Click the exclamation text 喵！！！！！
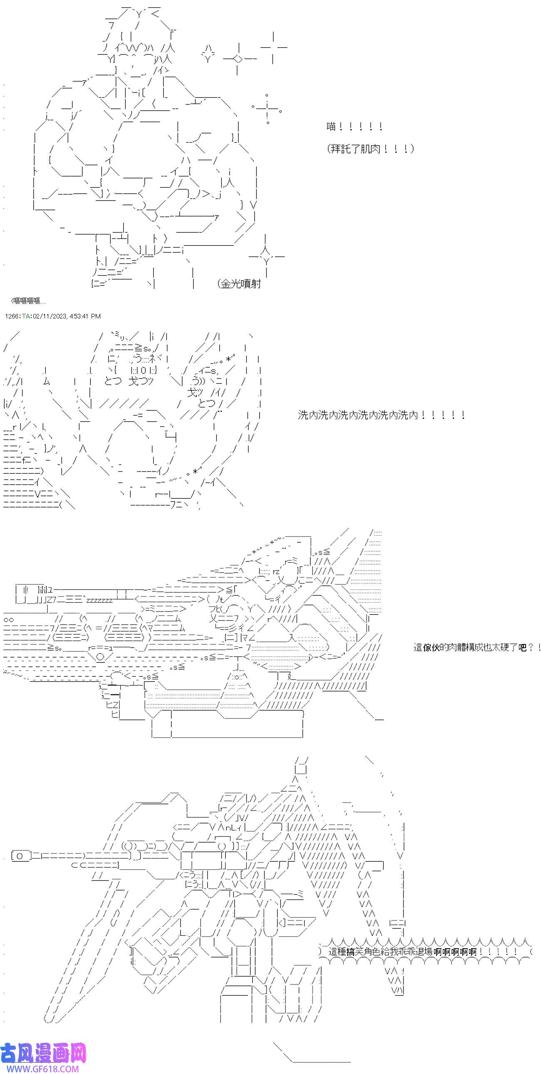(x=354, y=126)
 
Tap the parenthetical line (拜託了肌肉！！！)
(x=370, y=149)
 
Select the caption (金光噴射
(x=239, y=284)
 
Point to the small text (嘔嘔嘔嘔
(x=28, y=301)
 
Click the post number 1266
(x=12, y=316)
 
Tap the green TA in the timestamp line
(x=26, y=316)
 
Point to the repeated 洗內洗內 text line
(x=381, y=415)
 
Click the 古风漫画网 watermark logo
(x=43, y=1054)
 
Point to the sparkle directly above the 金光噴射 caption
(x=266, y=256)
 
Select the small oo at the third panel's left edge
(x=9, y=619)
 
